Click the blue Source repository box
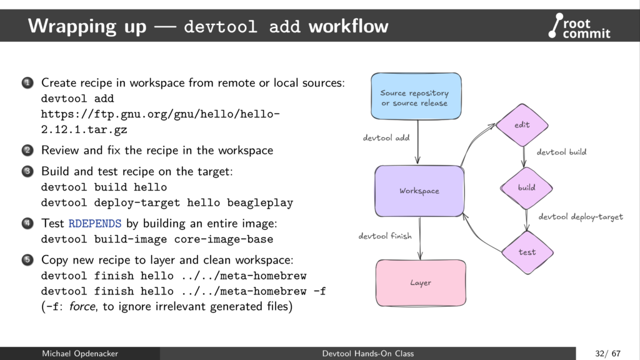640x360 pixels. coord(416,97)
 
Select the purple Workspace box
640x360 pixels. coord(419,191)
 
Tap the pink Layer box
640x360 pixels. coord(421,282)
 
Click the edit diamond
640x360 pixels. coord(522,125)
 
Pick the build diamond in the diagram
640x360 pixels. coord(526,187)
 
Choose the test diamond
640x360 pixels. coord(527,252)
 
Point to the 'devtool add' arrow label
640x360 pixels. coord(386,137)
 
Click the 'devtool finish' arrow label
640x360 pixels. coord(385,236)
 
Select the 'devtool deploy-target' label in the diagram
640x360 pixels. coord(581,217)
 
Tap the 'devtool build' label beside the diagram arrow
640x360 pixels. coord(561,152)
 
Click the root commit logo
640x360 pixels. coord(579,26)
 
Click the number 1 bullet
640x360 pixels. coord(28,82)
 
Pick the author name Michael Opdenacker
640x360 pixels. coord(79,354)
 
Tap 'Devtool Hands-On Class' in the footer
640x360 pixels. coord(367,354)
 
